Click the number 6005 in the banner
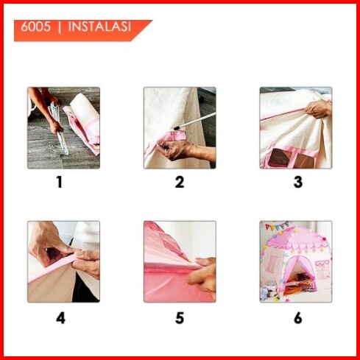[35, 27]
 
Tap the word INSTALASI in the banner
[99, 27]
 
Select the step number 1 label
[60, 183]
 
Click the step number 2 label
[180, 183]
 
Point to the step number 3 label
[298, 183]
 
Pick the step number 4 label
[60, 318]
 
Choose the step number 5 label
[180, 318]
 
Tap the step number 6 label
[298, 318]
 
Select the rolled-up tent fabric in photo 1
[83, 120]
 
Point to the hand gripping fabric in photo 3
[318, 109]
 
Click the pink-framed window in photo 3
[292, 157]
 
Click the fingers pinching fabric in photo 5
[202, 276]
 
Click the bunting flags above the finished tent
[278, 226]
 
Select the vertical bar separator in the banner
[60, 27]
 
